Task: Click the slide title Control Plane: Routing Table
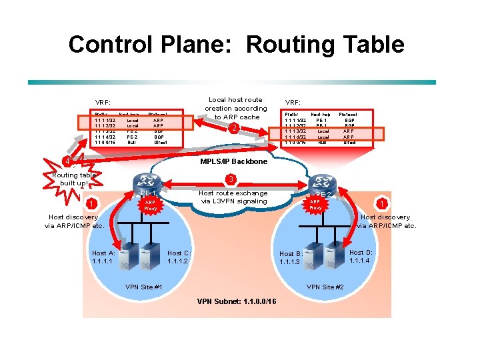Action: (x=236, y=45)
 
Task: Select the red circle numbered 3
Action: (x=230, y=179)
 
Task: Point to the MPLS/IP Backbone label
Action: (x=233, y=161)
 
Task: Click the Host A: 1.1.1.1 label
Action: (x=103, y=257)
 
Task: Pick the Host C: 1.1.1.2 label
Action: (x=179, y=257)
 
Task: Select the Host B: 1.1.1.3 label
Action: (x=291, y=258)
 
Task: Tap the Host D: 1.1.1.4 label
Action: (x=360, y=256)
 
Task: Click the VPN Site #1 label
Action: (x=144, y=287)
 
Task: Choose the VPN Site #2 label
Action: (x=325, y=287)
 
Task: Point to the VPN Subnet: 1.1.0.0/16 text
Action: (x=237, y=301)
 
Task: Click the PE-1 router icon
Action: (x=145, y=181)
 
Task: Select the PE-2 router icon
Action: (x=325, y=182)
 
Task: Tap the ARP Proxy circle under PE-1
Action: (x=150, y=205)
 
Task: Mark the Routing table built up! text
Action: (x=74, y=179)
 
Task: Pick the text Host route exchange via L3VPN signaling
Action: (x=233, y=197)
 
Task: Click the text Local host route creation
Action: (x=235, y=109)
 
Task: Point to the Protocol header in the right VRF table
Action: (x=347, y=115)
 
